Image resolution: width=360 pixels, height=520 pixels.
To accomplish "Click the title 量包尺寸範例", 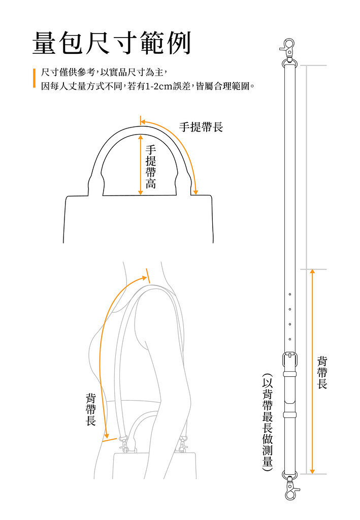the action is pyautogui.click(x=112, y=44).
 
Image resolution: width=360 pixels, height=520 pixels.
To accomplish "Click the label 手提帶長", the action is pyautogui.click(x=201, y=127).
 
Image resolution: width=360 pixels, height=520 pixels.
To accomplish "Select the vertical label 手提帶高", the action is pyautogui.click(x=151, y=167).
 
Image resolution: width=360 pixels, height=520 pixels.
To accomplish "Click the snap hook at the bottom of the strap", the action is pyautogui.click(x=291, y=488).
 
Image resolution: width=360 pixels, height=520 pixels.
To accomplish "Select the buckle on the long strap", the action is pyautogui.click(x=289, y=360).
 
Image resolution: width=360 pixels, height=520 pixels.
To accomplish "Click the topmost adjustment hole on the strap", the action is pyautogui.click(x=289, y=295).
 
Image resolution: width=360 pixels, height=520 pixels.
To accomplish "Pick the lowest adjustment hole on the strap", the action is pyautogui.click(x=289, y=339).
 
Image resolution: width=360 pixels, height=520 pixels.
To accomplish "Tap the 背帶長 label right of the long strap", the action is pyautogui.click(x=322, y=372).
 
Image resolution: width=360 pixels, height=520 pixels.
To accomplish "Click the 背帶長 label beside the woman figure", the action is pyautogui.click(x=91, y=409).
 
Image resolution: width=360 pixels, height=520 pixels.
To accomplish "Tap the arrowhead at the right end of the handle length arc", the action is pyautogui.click(x=196, y=192).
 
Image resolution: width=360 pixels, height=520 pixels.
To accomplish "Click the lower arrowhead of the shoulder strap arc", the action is pyautogui.click(x=107, y=435).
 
